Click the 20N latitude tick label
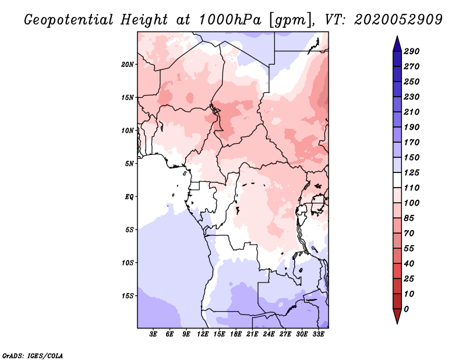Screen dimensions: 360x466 (128, 64)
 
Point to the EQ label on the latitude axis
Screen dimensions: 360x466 (129, 196)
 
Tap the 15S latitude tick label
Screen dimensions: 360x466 (128, 295)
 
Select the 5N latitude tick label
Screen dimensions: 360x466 (130, 163)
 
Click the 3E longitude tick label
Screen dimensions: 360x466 (154, 334)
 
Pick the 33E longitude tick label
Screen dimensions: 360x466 (318, 334)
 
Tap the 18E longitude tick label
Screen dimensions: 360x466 (236, 334)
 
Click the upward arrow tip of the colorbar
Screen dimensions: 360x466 (397, 38)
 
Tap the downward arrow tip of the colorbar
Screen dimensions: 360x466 (397, 322)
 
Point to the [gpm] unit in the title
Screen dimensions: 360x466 (287, 19)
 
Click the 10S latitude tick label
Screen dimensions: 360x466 (128, 262)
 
